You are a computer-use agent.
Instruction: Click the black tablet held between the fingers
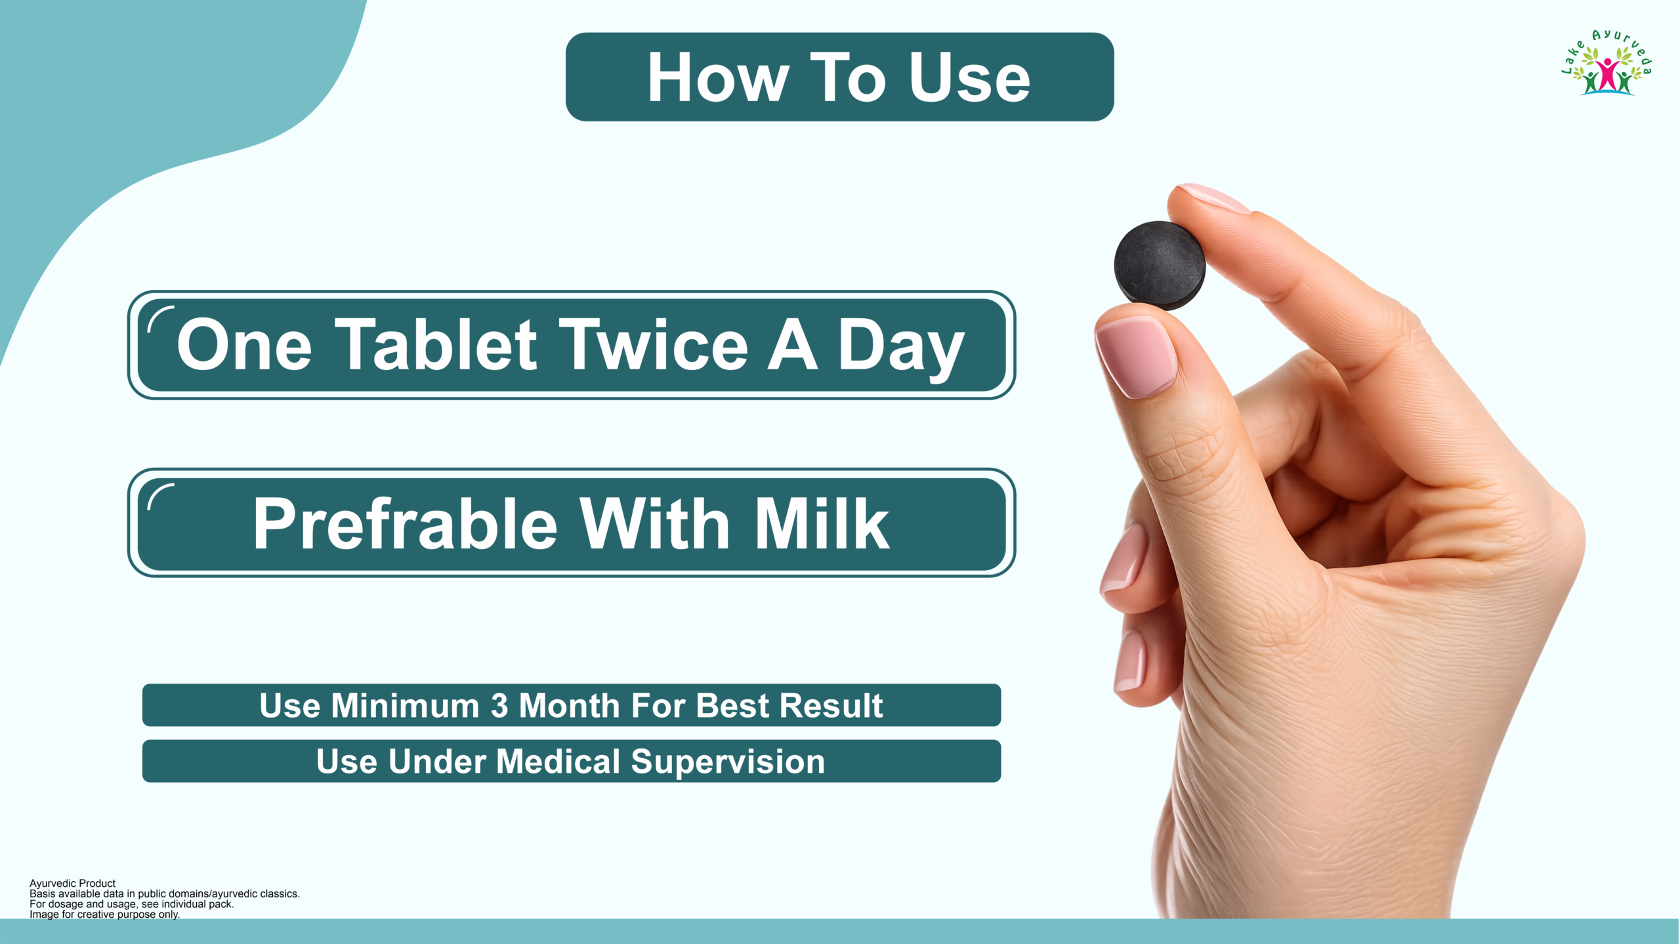pos(1160,266)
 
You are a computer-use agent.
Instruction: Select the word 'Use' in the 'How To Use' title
pos(969,78)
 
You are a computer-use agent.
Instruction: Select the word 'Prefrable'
pos(405,523)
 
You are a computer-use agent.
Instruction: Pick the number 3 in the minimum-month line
pos(499,706)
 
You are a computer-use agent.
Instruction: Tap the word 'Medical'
pos(558,762)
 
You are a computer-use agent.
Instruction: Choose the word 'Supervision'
pos(728,764)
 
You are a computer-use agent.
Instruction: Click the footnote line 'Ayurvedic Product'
pos(72,883)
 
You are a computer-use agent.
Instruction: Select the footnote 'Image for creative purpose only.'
pos(104,914)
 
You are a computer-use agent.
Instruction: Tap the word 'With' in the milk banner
pos(655,523)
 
